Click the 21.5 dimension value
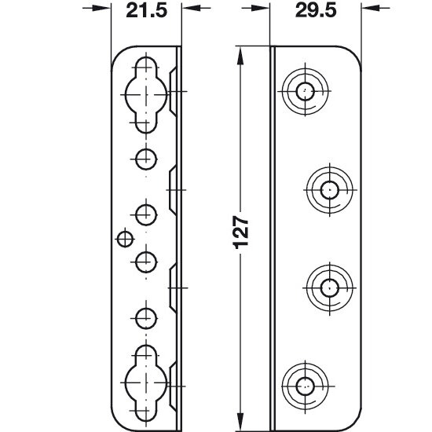point(146,11)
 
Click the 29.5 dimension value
point(316,11)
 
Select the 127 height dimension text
point(241,232)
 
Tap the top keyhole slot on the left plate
point(146,95)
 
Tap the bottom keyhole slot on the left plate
point(146,383)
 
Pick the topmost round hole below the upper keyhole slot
point(146,159)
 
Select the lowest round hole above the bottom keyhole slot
point(146,318)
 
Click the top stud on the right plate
point(305,91)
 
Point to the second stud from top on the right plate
point(330,190)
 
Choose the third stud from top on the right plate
point(330,288)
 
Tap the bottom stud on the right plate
point(305,386)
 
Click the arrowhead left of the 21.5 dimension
point(101,8)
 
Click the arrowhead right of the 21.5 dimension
point(191,8)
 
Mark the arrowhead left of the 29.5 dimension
point(260,8)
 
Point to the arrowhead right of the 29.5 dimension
point(371,8)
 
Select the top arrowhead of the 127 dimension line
point(240,56)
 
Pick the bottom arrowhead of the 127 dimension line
point(240,422)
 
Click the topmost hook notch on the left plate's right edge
point(173,91)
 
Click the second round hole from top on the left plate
point(146,215)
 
